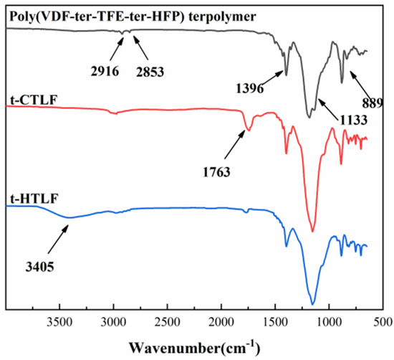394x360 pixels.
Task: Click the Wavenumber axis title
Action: (x=198, y=347)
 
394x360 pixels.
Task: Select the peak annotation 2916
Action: (x=105, y=60)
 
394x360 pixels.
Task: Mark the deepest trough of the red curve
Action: (x=312, y=231)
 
